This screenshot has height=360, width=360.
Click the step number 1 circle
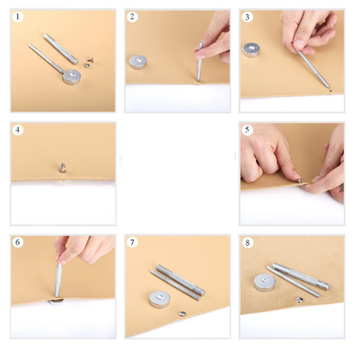(x=18, y=17)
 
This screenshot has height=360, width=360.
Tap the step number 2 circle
(x=132, y=17)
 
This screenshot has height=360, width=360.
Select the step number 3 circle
(x=247, y=17)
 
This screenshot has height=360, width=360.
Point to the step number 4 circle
(x=18, y=130)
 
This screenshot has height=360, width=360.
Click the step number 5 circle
(x=247, y=130)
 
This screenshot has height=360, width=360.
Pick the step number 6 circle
(x=18, y=243)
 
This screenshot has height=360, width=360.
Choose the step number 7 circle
(x=132, y=243)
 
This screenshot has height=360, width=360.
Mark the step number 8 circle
(x=247, y=243)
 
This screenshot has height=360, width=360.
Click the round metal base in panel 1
(x=72, y=77)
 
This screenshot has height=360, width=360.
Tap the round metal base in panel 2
(x=138, y=62)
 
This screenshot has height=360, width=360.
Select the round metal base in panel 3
(x=252, y=50)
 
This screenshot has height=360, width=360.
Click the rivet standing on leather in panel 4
(x=63, y=168)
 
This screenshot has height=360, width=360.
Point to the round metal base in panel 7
(x=160, y=299)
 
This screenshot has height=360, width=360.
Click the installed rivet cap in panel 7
(x=182, y=314)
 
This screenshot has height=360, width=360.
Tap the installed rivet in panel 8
(x=299, y=300)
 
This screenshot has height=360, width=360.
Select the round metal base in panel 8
(x=265, y=283)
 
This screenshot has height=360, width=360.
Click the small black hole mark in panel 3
(x=330, y=91)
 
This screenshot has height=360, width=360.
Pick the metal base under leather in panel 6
(x=56, y=302)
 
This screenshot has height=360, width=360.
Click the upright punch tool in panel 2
(x=199, y=62)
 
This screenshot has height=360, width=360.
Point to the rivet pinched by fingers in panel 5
(x=299, y=181)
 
